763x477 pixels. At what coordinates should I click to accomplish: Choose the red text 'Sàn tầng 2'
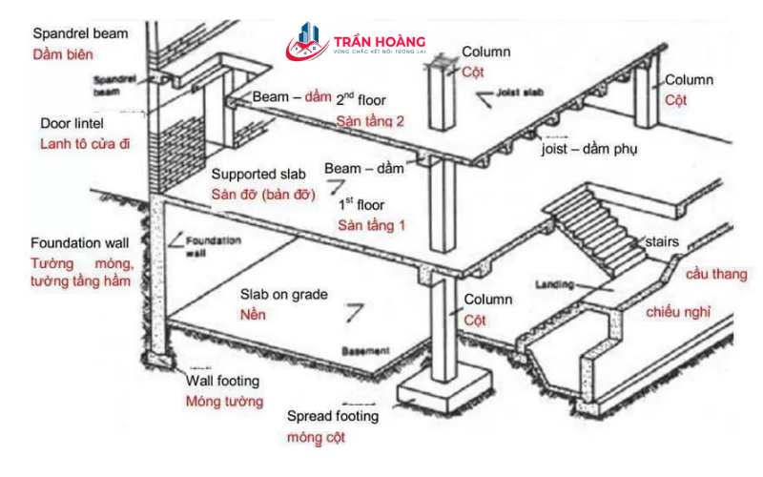pos(370,121)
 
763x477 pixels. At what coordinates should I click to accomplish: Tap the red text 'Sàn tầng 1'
pos(371,225)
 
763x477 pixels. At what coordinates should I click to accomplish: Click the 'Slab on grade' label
pos(283,295)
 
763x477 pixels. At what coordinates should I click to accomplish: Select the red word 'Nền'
pos(253,314)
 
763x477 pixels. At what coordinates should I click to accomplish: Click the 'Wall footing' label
pos(223,381)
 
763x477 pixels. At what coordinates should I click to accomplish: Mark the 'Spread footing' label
pos(333,417)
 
